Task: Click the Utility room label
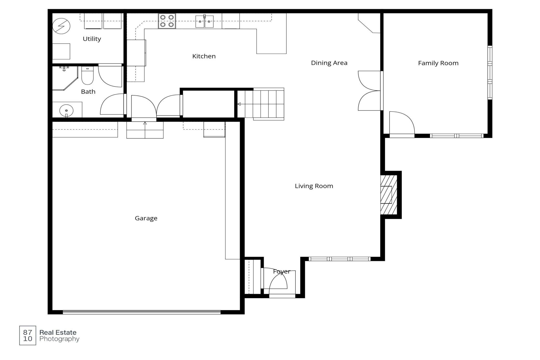(x=92, y=39)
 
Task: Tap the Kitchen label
(x=204, y=56)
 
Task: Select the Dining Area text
(x=329, y=63)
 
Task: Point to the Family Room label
(x=438, y=63)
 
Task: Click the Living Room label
(x=314, y=186)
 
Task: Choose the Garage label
(x=146, y=218)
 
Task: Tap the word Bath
(x=88, y=92)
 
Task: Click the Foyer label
(x=281, y=271)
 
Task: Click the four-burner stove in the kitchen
(x=167, y=21)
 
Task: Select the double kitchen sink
(x=204, y=21)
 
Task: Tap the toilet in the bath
(x=87, y=76)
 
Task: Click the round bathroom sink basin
(x=66, y=111)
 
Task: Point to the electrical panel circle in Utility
(x=62, y=26)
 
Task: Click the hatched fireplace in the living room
(x=389, y=195)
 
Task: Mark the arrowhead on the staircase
(x=239, y=104)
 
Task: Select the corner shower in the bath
(x=65, y=78)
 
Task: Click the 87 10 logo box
(x=28, y=336)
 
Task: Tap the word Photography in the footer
(x=59, y=339)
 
